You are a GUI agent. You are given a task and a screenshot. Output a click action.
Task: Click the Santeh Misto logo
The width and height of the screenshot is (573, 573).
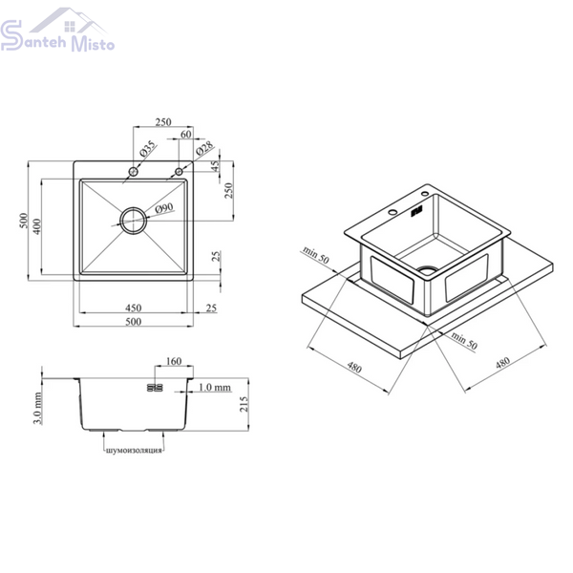[x=57, y=30]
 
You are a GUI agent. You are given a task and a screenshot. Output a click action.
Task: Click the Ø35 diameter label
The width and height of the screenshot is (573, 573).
[x=147, y=149]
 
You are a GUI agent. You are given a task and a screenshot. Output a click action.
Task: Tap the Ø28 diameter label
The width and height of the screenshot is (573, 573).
[x=204, y=149]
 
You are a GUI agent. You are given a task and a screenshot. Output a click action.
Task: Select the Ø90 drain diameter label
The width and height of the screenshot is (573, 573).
[x=164, y=208]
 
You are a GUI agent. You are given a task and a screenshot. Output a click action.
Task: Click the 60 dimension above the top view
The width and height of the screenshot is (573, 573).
[x=186, y=135]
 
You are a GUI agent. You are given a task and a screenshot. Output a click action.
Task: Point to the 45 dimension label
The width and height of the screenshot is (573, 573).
[x=216, y=166]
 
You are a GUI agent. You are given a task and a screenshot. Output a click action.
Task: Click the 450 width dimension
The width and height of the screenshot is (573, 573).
[x=134, y=308]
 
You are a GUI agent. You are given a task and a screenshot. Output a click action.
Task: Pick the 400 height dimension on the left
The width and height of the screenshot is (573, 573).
[x=36, y=226]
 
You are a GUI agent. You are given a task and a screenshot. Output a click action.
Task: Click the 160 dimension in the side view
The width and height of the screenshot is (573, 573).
[x=174, y=361]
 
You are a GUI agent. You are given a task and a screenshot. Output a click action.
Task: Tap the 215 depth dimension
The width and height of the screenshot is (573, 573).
[x=244, y=404]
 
